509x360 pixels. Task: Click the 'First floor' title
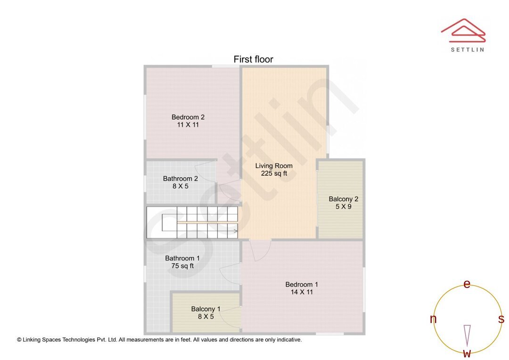pyautogui.click(x=253, y=59)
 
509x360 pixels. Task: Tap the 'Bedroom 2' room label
pyautogui.click(x=188, y=117)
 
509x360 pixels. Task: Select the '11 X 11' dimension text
pyautogui.click(x=188, y=125)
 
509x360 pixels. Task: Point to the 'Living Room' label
pyautogui.click(x=274, y=166)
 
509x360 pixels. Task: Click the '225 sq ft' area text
pyautogui.click(x=274, y=173)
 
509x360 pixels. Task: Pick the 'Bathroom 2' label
pyautogui.click(x=181, y=179)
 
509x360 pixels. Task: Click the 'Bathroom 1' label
pyautogui.click(x=182, y=258)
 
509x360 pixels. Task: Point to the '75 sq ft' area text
pyautogui.click(x=182, y=266)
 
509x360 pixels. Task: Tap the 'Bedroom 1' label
pyautogui.click(x=302, y=284)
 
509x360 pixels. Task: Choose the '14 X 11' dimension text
pyautogui.click(x=302, y=292)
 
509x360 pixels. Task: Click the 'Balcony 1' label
pyautogui.click(x=205, y=309)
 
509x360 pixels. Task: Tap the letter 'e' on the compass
pyautogui.click(x=467, y=284)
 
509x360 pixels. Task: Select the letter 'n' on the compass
pyautogui.click(x=433, y=319)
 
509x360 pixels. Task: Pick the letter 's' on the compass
pyautogui.click(x=501, y=319)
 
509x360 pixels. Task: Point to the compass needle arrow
pyautogui.click(x=467, y=335)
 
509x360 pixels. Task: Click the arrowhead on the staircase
pyautogui.click(x=235, y=231)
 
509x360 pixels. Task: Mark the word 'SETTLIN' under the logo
pyautogui.click(x=467, y=49)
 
